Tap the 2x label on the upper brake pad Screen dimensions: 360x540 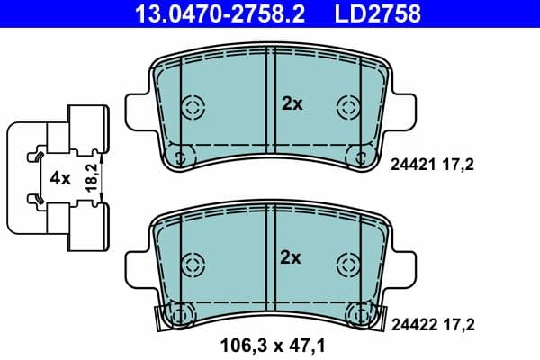coord(292,104)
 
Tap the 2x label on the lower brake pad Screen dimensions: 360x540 coord(292,258)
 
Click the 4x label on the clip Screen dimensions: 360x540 coord(60,178)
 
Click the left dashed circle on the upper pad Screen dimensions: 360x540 coord(192,106)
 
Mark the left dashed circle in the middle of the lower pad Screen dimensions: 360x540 coord(192,264)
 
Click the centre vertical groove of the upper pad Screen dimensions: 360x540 coord(269,99)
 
